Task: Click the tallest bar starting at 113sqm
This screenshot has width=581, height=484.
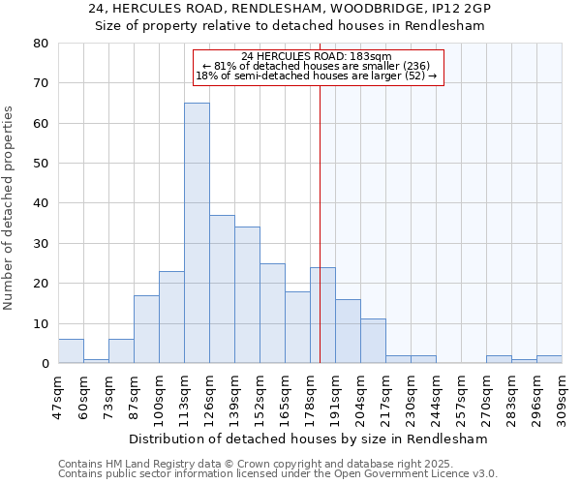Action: (x=197, y=233)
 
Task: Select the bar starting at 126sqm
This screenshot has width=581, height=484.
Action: (x=222, y=289)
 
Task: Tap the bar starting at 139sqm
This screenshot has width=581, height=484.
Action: (x=247, y=295)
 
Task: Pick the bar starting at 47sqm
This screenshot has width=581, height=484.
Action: (x=71, y=351)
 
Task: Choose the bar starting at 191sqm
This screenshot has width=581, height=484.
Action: (x=348, y=332)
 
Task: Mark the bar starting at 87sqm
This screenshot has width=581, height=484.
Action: (x=146, y=329)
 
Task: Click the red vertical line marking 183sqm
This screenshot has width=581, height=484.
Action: (x=320, y=194)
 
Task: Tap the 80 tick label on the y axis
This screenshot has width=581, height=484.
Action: (x=41, y=44)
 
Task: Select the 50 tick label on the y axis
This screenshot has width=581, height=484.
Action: (x=41, y=164)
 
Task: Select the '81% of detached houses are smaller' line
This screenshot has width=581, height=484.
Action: (x=318, y=66)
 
